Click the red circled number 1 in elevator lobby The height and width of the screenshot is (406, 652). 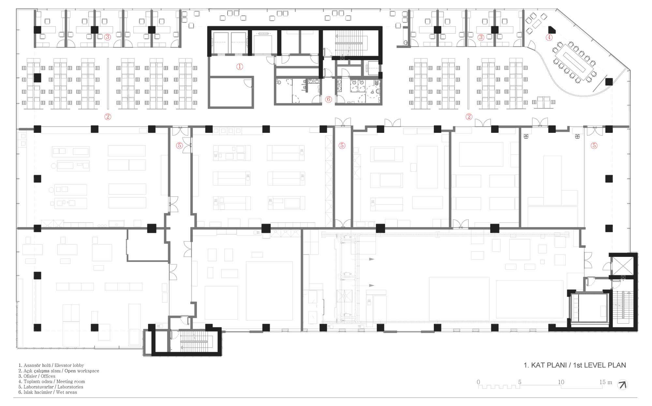click(x=240, y=67)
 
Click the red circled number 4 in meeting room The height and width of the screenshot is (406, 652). click(x=549, y=37)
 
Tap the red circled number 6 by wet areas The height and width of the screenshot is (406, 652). click(x=328, y=99)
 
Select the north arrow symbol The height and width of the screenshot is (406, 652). click(x=623, y=385)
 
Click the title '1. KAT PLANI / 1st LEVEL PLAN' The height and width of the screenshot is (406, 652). click(x=575, y=365)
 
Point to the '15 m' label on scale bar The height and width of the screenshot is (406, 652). click(x=606, y=382)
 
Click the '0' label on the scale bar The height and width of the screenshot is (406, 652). click(x=478, y=382)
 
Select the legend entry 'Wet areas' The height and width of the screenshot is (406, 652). click(x=66, y=392)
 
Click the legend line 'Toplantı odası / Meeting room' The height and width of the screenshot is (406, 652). click(x=52, y=382)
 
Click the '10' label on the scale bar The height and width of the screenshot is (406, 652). click(x=561, y=382)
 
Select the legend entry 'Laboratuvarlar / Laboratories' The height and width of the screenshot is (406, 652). click(x=51, y=387)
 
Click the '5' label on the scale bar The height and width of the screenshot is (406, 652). click(x=520, y=382)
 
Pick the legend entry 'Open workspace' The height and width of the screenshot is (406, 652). click(x=82, y=371)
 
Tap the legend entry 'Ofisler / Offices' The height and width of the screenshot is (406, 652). click(x=37, y=376)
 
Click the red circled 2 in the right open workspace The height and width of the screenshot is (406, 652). click(x=469, y=117)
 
